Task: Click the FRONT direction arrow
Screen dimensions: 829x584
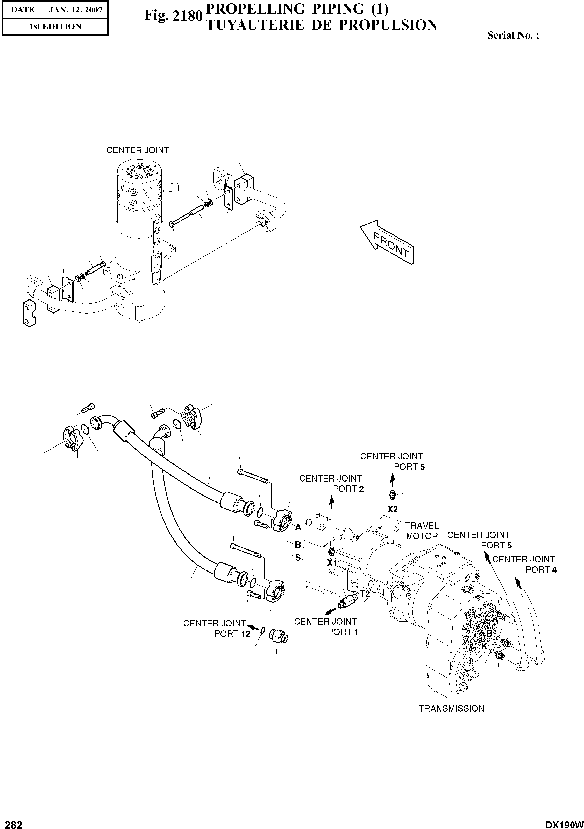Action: (x=388, y=242)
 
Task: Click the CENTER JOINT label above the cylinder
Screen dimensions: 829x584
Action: (x=138, y=150)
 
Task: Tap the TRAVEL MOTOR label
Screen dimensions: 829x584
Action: (x=422, y=531)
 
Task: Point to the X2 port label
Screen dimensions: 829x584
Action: (x=393, y=510)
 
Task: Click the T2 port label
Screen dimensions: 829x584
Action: (x=365, y=594)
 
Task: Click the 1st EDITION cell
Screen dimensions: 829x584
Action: (x=55, y=26)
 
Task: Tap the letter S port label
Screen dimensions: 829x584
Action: (x=298, y=558)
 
